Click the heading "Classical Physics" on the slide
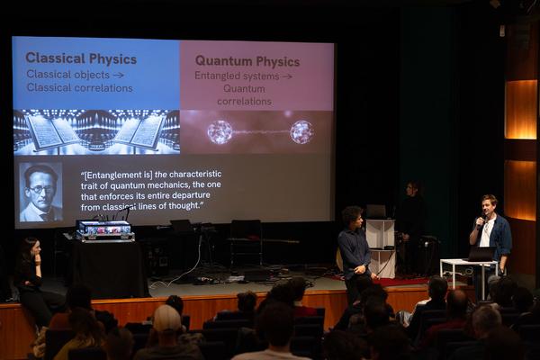(x=81, y=58)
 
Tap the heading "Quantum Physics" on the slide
(x=247, y=61)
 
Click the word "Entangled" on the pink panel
(x=214, y=76)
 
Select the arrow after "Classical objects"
(x=118, y=75)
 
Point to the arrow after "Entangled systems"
(x=286, y=76)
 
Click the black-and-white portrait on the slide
(x=40, y=192)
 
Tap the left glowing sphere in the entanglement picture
(x=220, y=132)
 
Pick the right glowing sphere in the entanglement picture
(x=301, y=131)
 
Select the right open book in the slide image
(x=140, y=132)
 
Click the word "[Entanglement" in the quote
(x=118, y=175)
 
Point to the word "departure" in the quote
(x=192, y=195)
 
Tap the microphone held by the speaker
(x=481, y=222)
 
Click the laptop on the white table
(x=481, y=254)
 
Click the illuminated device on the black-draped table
(x=104, y=229)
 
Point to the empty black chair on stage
(x=246, y=243)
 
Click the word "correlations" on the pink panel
(x=244, y=102)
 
